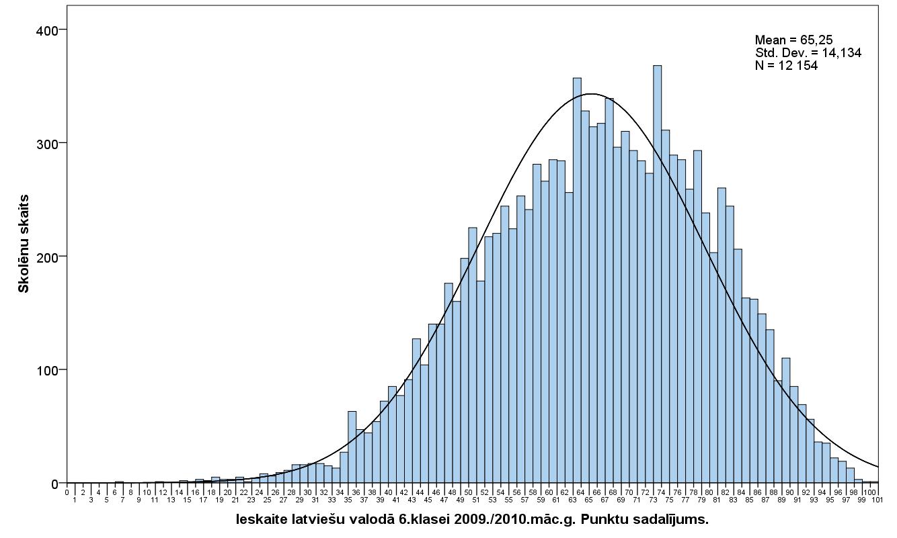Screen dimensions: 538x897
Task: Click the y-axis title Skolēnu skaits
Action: [x=24, y=243]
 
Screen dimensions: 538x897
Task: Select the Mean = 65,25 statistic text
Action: [x=793, y=40]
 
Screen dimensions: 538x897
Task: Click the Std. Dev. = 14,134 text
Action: [x=808, y=53]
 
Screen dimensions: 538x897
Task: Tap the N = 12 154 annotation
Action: [x=785, y=65]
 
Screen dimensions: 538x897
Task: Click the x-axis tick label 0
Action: [x=67, y=492]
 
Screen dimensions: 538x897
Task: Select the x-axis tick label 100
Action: [x=869, y=492]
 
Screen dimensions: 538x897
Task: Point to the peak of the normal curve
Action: [x=590, y=93]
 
